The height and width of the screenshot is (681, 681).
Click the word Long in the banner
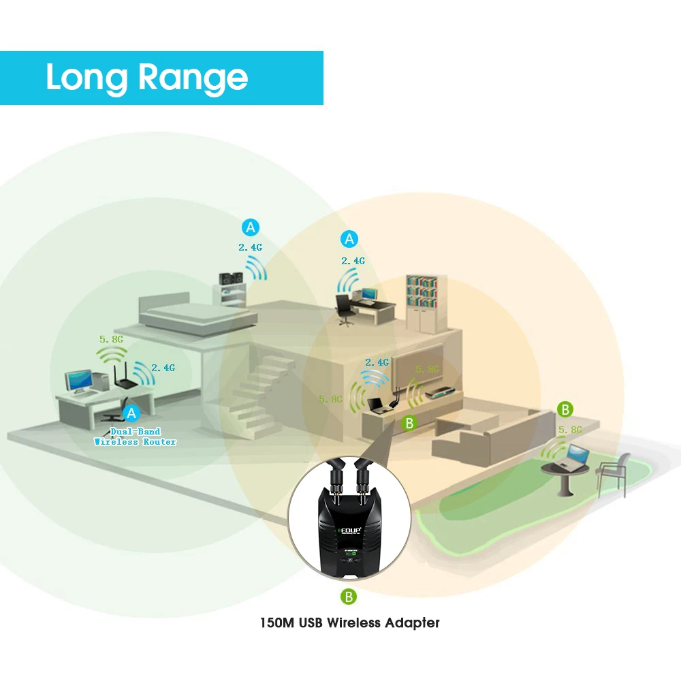[x=87, y=77]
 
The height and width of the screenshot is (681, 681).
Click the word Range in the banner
[x=193, y=78]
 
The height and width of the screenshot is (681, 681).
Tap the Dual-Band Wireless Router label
[x=135, y=437]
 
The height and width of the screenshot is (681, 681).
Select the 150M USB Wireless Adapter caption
[x=349, y=622]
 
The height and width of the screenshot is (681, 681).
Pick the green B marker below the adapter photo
[x=349, y=597]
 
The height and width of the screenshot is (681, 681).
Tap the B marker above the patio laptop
[x=565, y=409]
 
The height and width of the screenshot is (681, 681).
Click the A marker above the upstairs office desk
[x=350, y=239]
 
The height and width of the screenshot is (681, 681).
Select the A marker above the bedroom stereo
[x=251, y=226]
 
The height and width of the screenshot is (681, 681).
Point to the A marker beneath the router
[x=131, y=412]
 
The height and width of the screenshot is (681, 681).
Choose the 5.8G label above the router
[x=111, y=338]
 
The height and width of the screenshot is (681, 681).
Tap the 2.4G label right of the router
[x=163, y=368]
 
